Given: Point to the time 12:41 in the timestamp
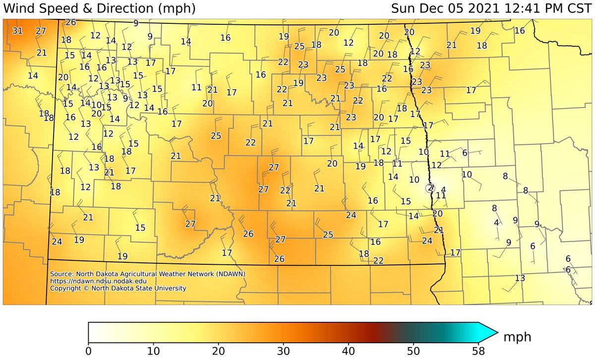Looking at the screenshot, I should click(513, 8).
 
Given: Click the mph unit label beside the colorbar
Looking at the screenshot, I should click(518, 337).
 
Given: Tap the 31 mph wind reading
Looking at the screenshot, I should click(17, 31).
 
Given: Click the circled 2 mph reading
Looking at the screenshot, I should click(430, 187).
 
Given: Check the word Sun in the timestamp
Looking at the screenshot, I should click(404, 8).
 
